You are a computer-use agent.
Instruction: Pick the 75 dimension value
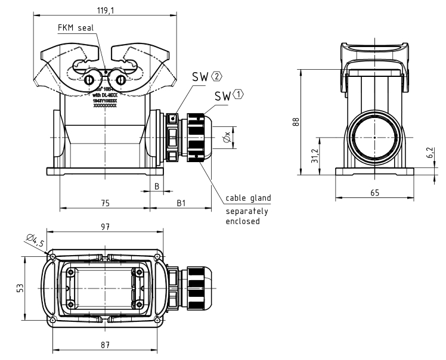[104, 203]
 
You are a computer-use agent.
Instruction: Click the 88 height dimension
[295, 122]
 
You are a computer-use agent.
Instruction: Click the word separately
[247, 211]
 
